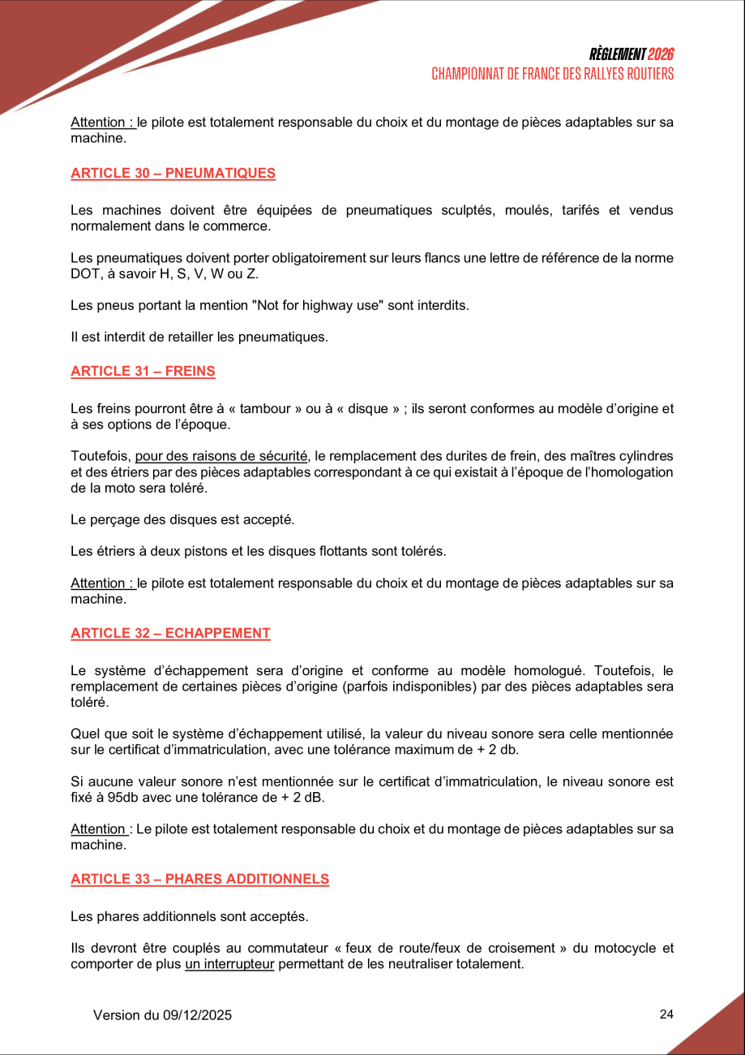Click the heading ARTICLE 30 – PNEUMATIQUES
coord(173,173)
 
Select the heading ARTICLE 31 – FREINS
coord(143,371)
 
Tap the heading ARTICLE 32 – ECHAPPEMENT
coord(170,633)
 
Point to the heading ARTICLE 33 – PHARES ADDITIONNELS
coord(199,879)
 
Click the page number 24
coord(666,1014)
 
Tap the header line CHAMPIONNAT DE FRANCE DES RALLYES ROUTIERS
coord(552,74)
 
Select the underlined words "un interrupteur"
coord(229,964)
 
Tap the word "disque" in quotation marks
coord(368,409)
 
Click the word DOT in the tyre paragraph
coord(84,273)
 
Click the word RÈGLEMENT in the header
coord(618,54)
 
